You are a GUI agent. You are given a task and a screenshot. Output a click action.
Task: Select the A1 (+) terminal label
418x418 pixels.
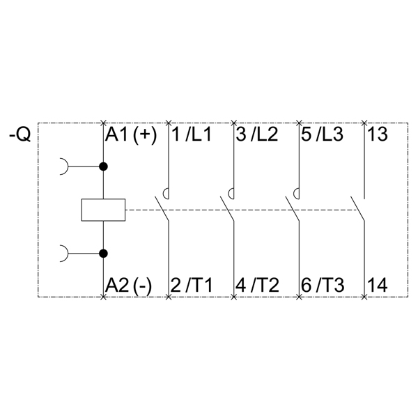pos(131,134)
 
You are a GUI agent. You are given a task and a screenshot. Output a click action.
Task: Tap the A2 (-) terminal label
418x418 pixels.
pos(129,285)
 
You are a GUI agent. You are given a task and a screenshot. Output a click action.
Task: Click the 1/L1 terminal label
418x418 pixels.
pos(191,134)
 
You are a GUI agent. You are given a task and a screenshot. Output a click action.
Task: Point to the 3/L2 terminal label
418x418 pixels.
pos(256,134)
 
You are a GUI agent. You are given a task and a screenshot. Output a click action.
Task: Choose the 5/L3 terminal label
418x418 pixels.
pos(322,134)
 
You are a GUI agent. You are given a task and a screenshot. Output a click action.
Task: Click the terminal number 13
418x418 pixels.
pos(377,134)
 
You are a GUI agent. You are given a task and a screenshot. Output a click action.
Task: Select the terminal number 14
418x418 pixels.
pos(377,285)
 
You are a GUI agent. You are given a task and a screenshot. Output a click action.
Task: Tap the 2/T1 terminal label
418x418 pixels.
pos(191,285)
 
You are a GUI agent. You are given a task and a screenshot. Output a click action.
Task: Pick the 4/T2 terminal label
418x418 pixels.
pos(256,285)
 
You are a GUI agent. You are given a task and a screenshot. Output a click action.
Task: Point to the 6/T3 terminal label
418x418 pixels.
pos(322,285)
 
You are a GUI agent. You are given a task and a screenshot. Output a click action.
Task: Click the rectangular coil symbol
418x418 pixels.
pos(103,210)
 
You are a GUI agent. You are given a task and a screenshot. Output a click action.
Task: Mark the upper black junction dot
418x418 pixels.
pos(103,167)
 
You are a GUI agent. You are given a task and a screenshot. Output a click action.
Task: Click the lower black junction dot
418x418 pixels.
pos(103,254)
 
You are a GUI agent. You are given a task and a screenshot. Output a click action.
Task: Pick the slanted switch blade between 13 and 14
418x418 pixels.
pos(358,208)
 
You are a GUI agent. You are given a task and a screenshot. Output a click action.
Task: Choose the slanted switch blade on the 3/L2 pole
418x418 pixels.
pos(227,208)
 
